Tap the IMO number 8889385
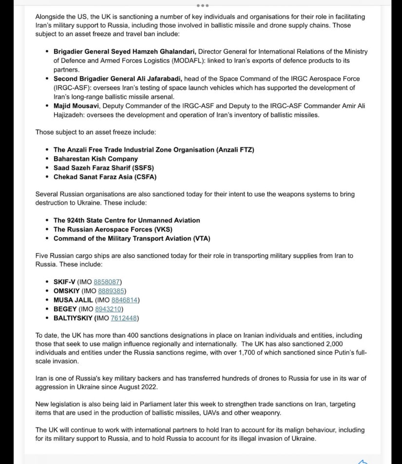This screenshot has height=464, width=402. click(x=112, y=291)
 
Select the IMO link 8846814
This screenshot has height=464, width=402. click(x=124, y=300)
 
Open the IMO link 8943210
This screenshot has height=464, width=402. click(x=109, y=309)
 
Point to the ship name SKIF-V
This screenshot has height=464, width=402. click(x=64, y=282)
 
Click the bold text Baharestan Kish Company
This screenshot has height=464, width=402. click(x=96, y=159)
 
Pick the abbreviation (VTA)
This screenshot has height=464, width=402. click(x=199, y=239)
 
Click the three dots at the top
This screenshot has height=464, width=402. click(x=203, y=6)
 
